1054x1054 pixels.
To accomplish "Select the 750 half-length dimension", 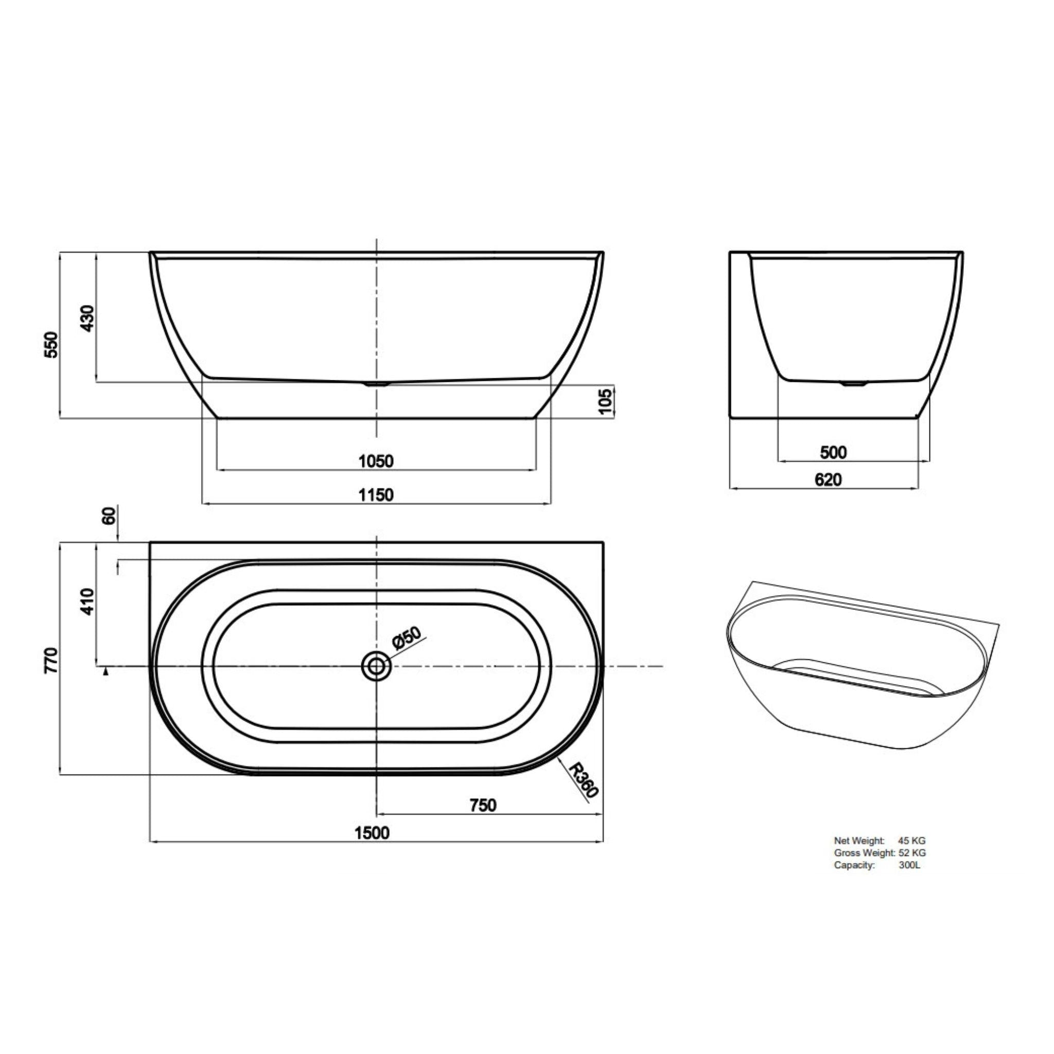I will [x=483, y=805].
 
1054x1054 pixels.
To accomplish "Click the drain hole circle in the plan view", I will [x=376, y=665].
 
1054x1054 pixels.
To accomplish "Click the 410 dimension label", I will [x=87, y=602].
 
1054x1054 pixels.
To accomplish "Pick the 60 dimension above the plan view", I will [x=110, y=516].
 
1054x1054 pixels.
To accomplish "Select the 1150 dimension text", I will [x=376, y=495].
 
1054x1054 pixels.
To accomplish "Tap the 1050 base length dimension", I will [x=376, y=462].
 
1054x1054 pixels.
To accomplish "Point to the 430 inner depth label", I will [x=87, y=318].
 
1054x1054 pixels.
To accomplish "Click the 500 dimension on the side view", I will [x=834, y=452].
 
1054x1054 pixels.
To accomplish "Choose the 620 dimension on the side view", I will [x=828, y=480].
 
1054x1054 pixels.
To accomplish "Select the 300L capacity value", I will [x=909, y=865].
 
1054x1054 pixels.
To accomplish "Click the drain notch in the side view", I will [x=854, y=383].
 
